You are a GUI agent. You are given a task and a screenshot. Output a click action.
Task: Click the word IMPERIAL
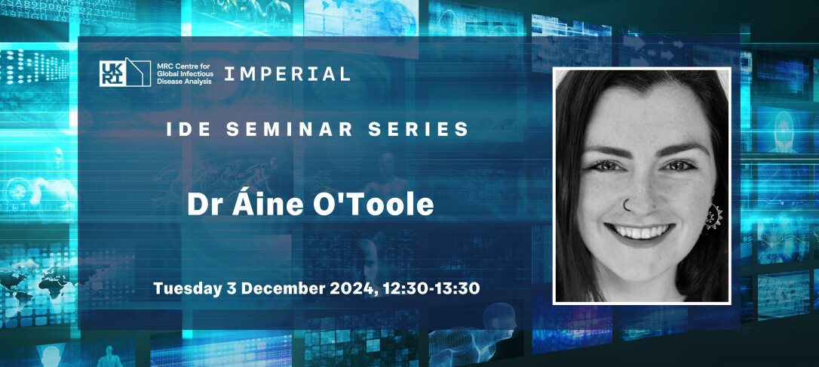pyautogui.click(x=287, y=73)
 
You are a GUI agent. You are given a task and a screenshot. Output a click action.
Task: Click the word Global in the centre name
pyautogui.click(x=168, y=73)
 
